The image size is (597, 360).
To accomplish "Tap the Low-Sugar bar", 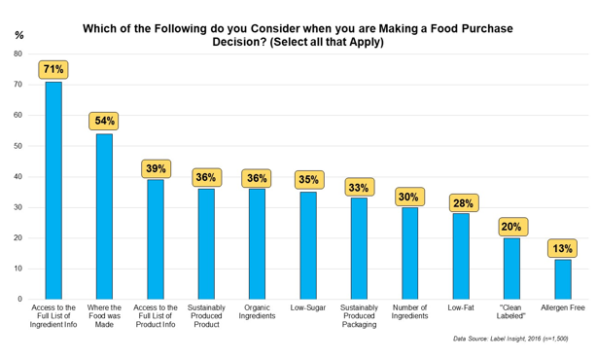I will (308, 245).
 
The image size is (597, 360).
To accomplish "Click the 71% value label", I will (53, 69).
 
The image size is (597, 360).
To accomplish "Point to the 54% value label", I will (104, 122).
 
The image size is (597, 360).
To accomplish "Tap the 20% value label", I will (511, 226).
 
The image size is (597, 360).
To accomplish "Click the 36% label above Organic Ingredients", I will (257, 177).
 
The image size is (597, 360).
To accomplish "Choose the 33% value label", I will (359, 186).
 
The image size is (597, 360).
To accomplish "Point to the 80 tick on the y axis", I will (18, 54).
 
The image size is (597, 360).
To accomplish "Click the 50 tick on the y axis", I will (18, 146).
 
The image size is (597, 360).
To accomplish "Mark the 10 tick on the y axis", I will (18, 269).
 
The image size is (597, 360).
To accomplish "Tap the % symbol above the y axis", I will (18, 35).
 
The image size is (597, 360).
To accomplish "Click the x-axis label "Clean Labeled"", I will (511, 315).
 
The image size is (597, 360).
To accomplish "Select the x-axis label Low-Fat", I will (461, 309).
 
